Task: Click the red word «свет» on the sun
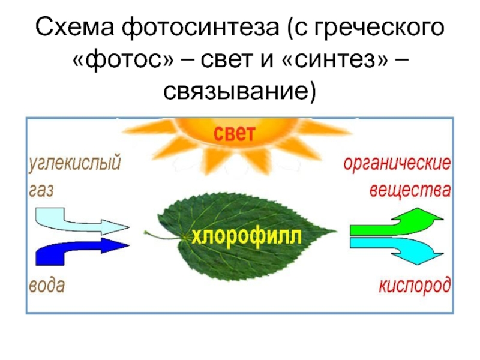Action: pyautogui.click(x=234, y=133)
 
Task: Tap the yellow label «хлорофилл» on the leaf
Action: pyautogui.click(x=247, y=236)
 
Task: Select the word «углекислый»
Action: pyautogui.click(x=75, y=163)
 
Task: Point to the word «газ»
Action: pyautogui.click(x=41, y=190)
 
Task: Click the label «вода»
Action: pyautogui.click(x=47, y=286)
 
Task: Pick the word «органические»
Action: pyautogui.click(x=397, y=163)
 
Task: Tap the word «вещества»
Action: pyautogui.click(x=410, y=190)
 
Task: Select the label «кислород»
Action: pyautogui.click(x=415, y=286)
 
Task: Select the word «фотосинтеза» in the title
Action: pyautogui.click(x=200, y=28)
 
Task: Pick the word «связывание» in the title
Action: pyautogui.click(x=235, y=91)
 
